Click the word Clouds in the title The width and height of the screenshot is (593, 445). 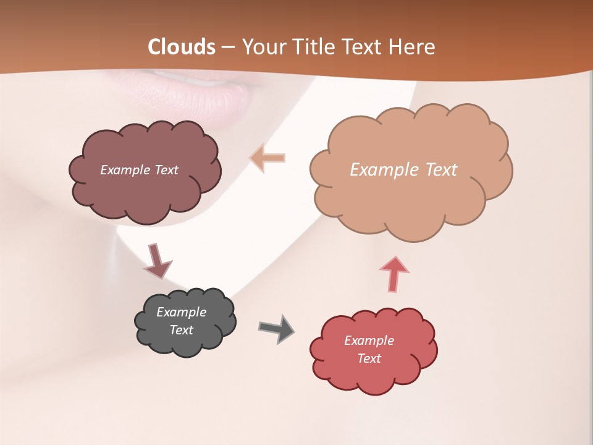click(x=182, y=47)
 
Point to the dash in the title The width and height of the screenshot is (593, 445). click(x=227, y=48)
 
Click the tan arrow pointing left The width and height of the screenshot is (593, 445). click(x=267, y=158)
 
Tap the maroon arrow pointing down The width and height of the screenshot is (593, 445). click(x=156, y=261)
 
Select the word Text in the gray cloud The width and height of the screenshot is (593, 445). click(x=182, y=330)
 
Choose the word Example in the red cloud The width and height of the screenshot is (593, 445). click(x=369, y=341)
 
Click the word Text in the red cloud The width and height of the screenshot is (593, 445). click(x=369, y=358)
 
